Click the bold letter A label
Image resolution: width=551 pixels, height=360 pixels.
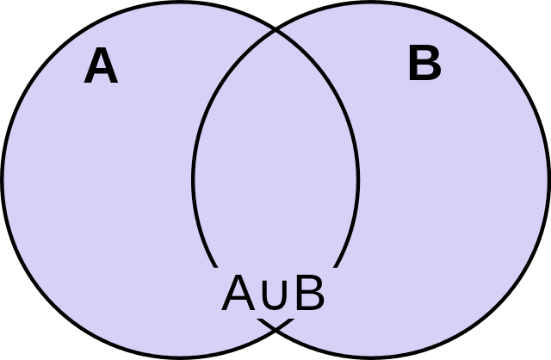pos(101,65)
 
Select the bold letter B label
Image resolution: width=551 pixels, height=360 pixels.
pos(424,63)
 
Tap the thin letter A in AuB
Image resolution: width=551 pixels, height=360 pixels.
pos(238,293)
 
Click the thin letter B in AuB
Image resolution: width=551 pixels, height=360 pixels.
pos(310,293)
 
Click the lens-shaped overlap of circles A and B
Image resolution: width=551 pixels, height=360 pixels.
pos(275,179)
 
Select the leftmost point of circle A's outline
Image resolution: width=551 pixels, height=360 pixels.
pos(3,179)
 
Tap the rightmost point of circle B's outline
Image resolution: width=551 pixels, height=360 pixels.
pos(548,179)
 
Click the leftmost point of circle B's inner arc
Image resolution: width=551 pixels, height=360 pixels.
pos(193,179)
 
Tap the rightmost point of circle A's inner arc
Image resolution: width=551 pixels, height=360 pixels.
pos(358,179)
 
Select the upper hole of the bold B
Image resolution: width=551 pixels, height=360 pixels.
pos(424,56)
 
